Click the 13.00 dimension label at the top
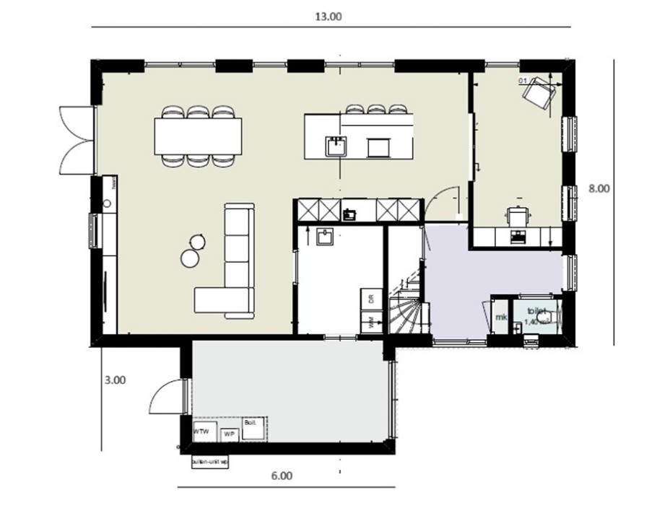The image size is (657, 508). point(329,17)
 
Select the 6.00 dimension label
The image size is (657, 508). point(282,476)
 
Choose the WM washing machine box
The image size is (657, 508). point(371,323)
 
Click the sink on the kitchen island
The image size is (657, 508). point(335,146)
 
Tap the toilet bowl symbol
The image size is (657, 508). point(545,317)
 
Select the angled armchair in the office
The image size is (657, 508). point(539,93)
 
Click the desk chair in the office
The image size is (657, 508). point(518,214)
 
